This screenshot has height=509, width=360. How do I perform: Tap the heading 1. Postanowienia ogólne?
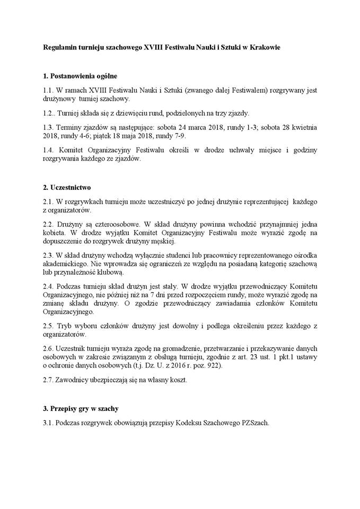[x=80, y=76]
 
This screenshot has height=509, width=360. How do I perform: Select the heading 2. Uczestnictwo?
[x=67, y=187]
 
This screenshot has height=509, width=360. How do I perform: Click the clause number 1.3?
[x=48, y=127]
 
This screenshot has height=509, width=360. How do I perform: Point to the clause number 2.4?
[x=48, y=287]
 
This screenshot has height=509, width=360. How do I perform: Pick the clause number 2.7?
[x=48, y=380]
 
